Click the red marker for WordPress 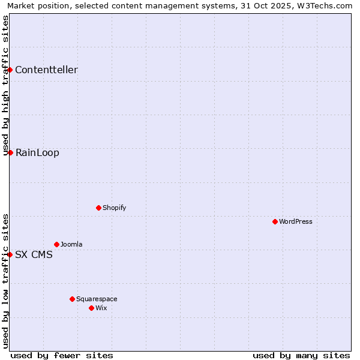coord(275,221)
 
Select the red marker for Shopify coord(98,208)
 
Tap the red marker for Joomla coord(56,244)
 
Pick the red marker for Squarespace coord(72,299)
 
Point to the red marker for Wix coord(91,308)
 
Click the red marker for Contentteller coord(10,70)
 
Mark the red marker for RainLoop coord(10,152)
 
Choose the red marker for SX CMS coord(10,254)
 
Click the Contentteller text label coord(46,70)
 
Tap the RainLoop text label coord(37,152)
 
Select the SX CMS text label coord(34,254)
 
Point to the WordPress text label coord(296,221)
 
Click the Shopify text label coord(114,208)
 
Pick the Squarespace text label coord(97,299)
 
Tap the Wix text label coord(101,308)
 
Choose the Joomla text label coord(71,244)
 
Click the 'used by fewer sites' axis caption coord(62,355)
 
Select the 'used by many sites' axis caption coord(301,355)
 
